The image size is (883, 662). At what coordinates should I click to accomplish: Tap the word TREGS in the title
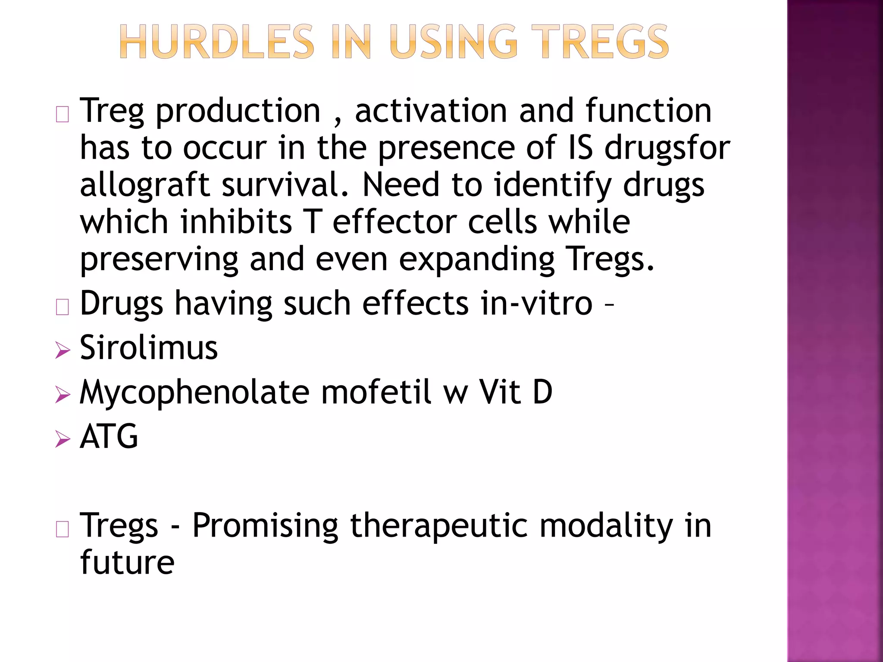click(599, 42)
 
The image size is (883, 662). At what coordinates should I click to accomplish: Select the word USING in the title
click(453, 42)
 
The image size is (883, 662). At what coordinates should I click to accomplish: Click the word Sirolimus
click(149, 347)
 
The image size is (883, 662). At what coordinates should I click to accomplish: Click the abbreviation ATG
click(109, 437)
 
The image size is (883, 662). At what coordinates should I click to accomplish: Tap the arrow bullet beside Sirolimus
click(63, 350)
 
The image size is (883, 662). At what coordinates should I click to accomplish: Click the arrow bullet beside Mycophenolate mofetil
click(63, 394)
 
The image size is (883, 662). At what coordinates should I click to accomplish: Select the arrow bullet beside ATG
click(63, 439)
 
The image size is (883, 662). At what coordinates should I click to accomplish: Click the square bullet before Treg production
click(63, 114)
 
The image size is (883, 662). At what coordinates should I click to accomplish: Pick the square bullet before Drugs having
click(63, 307)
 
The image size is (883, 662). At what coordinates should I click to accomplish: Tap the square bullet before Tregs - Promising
click(63, 529)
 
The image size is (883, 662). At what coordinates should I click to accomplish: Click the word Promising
click(265, 526)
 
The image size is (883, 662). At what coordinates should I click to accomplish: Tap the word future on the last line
click(127, 562)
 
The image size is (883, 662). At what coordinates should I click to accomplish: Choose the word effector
click(394, 222)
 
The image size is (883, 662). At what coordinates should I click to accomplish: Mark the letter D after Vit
click(542, 392)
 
